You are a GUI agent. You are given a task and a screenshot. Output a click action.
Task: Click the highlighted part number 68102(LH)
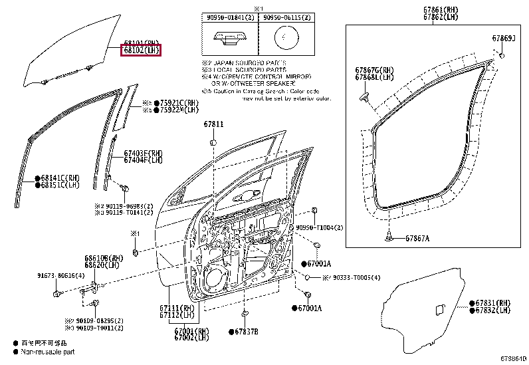tap(140, 50)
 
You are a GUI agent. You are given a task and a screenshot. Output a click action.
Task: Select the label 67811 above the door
tap(213, 124)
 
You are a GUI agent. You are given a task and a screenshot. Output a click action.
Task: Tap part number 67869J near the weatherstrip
tap(503, 39)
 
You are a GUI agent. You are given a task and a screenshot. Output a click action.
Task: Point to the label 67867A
tap(417, 238)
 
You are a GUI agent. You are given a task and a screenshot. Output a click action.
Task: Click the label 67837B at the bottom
tap(246, 331)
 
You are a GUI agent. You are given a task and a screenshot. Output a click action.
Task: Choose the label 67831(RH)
tap(494, 302)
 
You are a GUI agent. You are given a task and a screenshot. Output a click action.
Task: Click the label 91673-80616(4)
tap(60, 275)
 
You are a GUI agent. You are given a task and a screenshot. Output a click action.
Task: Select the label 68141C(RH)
tap(60, 178)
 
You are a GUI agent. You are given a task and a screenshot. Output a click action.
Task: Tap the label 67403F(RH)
tap(143, 153)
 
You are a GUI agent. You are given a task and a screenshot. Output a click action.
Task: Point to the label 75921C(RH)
tap(179, 103)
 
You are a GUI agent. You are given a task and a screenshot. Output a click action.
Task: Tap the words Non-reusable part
tap(48, 352)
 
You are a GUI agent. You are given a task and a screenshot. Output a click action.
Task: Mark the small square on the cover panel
tap(439, 308)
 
